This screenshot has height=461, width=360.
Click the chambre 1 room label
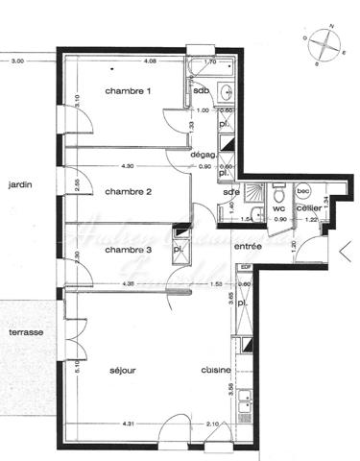click(x=128, y=91)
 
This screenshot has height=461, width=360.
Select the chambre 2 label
click(x=130, y=191)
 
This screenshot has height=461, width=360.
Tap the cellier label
click(x=308, y=207)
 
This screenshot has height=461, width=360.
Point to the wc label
click(x=278, y=207)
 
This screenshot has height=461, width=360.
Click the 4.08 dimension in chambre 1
click(x=150, y=61)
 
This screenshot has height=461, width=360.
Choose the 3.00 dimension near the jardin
click(x=17, y=61)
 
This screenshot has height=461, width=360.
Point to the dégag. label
click(x=203, y=154)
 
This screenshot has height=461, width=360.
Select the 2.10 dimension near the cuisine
click(x=214, y=425)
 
